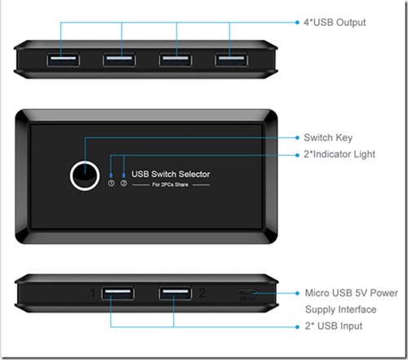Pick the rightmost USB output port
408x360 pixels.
point(231,59)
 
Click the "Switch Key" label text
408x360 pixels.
point(328,137)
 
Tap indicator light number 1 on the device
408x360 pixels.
point(112,174)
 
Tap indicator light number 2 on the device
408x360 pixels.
point(124,174)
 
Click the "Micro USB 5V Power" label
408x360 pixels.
point(351,293)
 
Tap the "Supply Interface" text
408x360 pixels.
point(340,309)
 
